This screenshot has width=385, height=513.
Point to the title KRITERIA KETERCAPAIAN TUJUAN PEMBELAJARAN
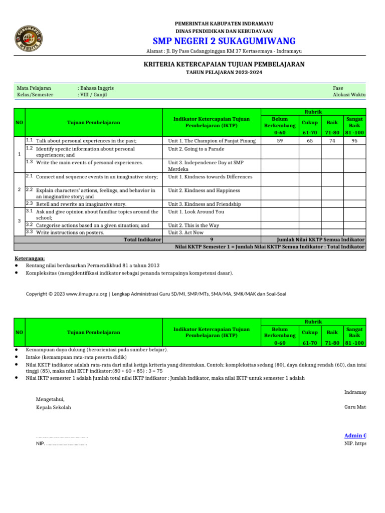click(224, 64)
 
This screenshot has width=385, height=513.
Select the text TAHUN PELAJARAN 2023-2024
click(224, 73)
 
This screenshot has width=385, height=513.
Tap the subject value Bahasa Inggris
click(97, 88)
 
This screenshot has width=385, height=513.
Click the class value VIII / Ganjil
click(92, 95)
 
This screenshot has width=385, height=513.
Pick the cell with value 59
click(280, 141)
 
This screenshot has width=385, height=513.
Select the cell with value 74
click(332, 141)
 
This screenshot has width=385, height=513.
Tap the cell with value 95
click(354, 141)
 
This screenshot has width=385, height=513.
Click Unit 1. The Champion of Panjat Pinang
click(212, 141)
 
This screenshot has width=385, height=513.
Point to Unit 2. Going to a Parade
click(196, 149)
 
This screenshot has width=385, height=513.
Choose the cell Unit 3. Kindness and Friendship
click(205, 204)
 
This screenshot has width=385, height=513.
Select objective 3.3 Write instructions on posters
click(70, 232)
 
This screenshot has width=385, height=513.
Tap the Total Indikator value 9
click(212, 239)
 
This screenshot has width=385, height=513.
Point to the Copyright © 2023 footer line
click(156, 294)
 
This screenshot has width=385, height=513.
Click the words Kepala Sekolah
click(54, 407)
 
